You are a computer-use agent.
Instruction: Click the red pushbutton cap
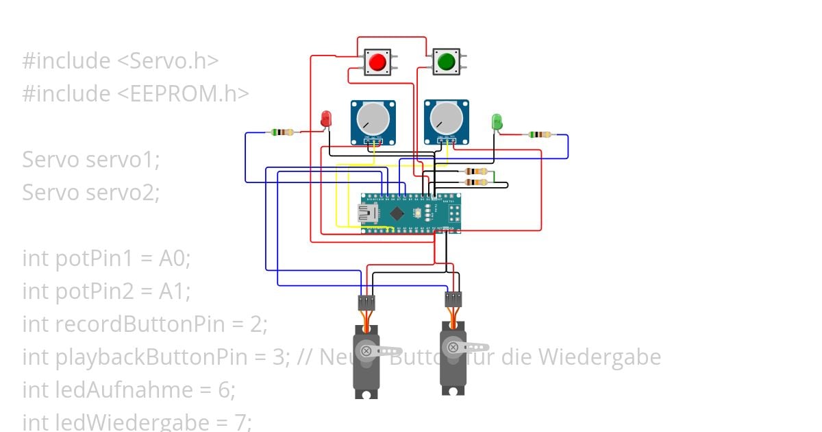tap(377, 62)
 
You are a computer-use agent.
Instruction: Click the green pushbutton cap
tap(446, 62)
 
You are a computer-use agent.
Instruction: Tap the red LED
tap(326, 118)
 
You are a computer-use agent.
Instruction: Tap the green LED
tap(497, 122)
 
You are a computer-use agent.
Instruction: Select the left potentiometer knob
tap(373, 119)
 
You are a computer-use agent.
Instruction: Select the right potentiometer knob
tap(447, 119)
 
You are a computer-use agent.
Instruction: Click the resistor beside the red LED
tap(282, 132)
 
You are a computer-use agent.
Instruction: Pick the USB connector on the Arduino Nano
tap(369, 213)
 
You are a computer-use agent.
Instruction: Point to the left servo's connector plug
tap(366, 302)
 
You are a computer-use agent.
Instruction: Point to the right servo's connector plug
tap(453, 299)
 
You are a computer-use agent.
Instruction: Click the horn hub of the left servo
tap(366, 350)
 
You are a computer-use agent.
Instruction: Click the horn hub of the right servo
tap(453, 347)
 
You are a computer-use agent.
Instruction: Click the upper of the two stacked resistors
tap(475, 171)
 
